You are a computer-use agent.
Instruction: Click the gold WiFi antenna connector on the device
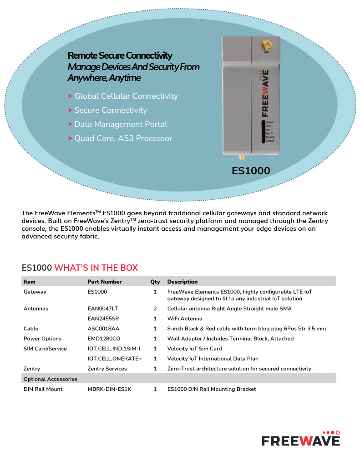pyautogui.click(x=266, y=45)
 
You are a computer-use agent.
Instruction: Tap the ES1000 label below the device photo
pyautogui.click(x=251, y=171)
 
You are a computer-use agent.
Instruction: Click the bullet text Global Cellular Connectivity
pyautogui.click(x=126, y=96)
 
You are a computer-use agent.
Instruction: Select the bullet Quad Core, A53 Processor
pyautogui.click(x=123, y=138)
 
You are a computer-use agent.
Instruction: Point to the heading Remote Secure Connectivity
pyautogui.click(x=120, y=56)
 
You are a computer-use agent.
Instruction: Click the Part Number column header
pyautogui.click(x=104, y=282)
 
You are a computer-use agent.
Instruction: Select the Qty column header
pyautogui.click(x=155, y=282)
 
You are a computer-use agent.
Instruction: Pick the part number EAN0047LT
pyautogui.click(x=103, y=309)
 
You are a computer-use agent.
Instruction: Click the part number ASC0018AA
pyautogui.click(x=103, y=329)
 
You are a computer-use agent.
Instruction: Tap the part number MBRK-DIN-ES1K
pyautogui.click(x=109, y=389)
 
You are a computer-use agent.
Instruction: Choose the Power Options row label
pyautogui.click(x=42, y=339)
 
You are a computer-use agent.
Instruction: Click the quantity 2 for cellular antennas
pyautogui.click(x=155, y=309)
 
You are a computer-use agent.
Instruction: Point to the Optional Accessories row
pyautogui.click(x=50, y=379)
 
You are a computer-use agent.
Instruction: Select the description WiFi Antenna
pyautogui.click(x=185, y=319)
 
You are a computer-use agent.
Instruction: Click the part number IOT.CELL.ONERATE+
pyautogui.click(x=115, y=359)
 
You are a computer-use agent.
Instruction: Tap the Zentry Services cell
pyautogui.click(x=107, y=369)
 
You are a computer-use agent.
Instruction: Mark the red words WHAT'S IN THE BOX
pyautogui.click(x=96, y=268)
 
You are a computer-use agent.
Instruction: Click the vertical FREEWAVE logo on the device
pyautogui.click(x=264, y=92)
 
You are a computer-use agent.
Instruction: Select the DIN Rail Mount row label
pyautogui.click(x=43, y=389)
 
